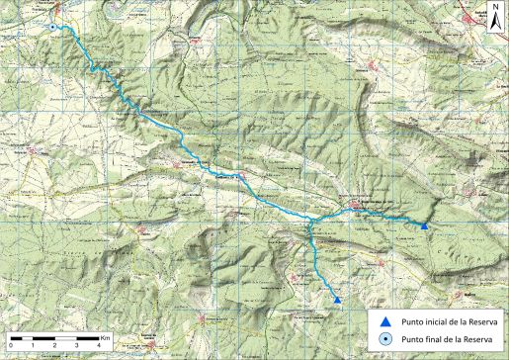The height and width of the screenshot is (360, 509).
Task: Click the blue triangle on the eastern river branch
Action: pos(424,226)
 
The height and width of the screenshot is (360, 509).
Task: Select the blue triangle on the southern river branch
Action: pos(337,301)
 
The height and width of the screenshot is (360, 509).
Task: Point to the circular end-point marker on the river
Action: pos(51,28)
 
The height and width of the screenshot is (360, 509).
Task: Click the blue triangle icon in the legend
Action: pos(385,321)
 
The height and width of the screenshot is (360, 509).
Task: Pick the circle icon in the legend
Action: pos(385,340)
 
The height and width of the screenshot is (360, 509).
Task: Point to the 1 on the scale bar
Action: pos(33,345)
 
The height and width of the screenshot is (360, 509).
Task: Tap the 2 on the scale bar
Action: pos(54,345)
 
